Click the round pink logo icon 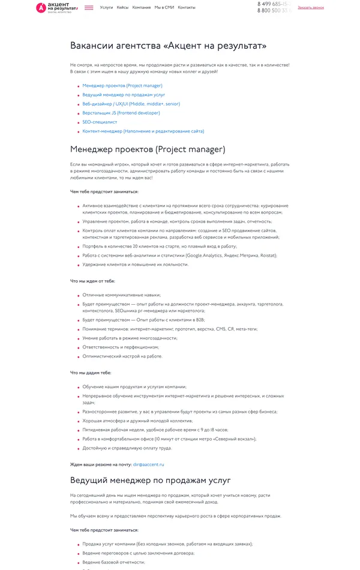[41, 8]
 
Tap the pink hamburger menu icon [89, 8]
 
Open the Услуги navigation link [107, 8]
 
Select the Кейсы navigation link [122, 8]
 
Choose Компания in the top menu [142, 8]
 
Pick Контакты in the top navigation [187, 8]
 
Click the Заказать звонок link [310, 8]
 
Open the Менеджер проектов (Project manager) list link [122, 86]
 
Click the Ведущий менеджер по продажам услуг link [124, 95]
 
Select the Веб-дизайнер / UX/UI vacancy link [131, 104]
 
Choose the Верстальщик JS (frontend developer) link [121, 113]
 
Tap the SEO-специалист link [100, 122]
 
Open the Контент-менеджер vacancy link [143, 131]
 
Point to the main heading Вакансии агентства [168, 46]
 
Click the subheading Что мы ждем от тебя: [92, 281]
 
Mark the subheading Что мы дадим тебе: [91, 373]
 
